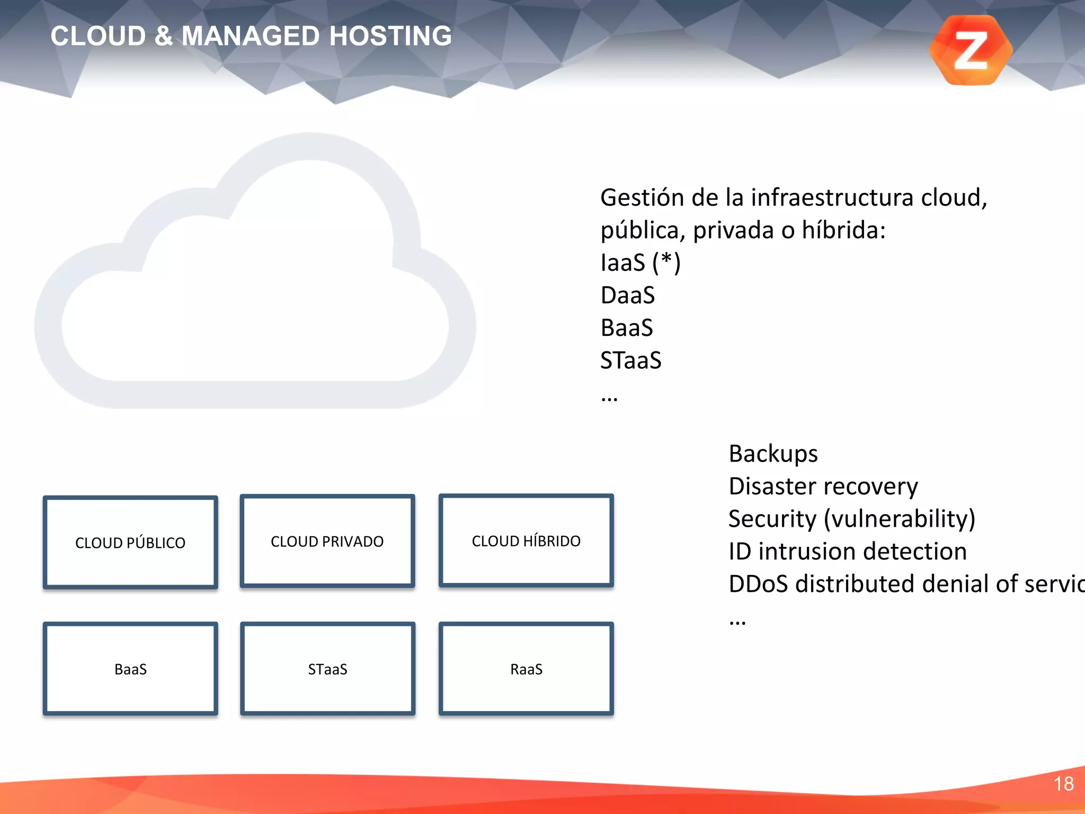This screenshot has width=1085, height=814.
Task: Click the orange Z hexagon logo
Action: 971,50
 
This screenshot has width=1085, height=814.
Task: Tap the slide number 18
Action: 1063,784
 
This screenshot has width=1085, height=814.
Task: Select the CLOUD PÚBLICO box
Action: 130,542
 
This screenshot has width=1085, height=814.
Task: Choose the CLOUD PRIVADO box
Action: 327,541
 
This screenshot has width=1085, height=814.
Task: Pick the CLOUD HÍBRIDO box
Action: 526,541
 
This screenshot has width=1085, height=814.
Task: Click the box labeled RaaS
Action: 526,669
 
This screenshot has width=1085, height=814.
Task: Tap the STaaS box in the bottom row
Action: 327,669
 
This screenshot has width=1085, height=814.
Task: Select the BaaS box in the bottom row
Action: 130,669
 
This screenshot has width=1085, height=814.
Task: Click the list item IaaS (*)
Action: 640,263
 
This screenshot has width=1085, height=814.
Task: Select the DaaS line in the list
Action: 628,295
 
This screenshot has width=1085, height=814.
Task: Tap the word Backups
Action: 773,454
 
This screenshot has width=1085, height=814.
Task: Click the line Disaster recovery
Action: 823,486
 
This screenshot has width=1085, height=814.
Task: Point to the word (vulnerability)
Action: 899,519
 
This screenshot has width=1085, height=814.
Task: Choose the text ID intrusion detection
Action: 847,551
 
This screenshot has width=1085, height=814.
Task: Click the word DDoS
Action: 758,583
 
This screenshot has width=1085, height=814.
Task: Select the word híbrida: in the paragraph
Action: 843,231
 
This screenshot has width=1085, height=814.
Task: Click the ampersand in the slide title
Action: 164,36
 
